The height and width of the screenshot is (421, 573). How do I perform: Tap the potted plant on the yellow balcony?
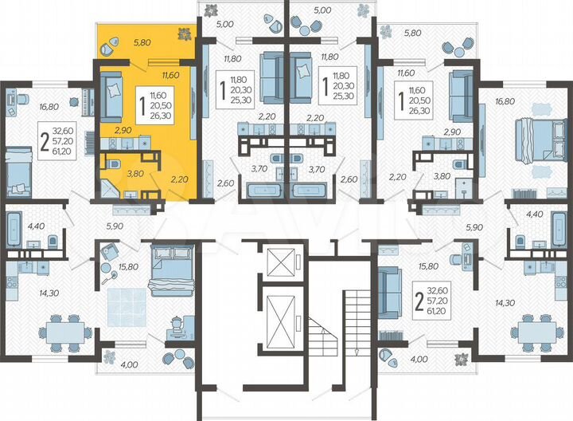pyautogui.click(x=184, y=33)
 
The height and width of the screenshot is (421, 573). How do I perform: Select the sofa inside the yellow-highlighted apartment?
pyautogui.click(x=111, y=96)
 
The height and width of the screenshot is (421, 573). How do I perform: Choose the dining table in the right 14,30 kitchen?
pyautogui.click(x=535, y=330)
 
